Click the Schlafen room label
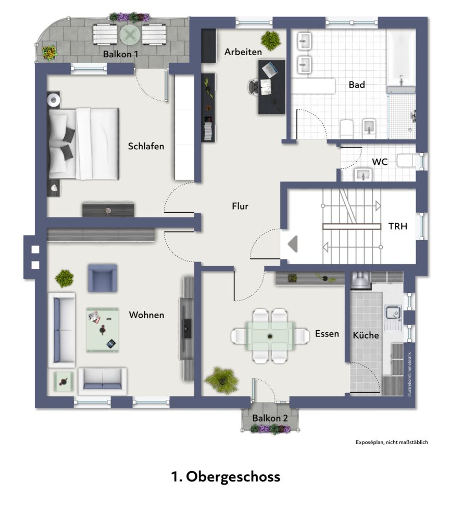pyautogui.click(x=146, y=146)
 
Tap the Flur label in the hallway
pyautogui.click(x=240, y=206)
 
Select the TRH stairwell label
pyautogui.click(x=397, y=226)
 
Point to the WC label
pyautogui.click(x=380, y=162)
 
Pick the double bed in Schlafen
pyautogui.click(x=84, y=144)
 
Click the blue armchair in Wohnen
pyautogui.click(x=102, y=278)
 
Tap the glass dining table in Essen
pyautogui.click(x=270, y=336)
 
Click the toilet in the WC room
pyautogui.click(x=406, y=161)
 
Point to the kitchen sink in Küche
pyautogui.click(x=393, y=313)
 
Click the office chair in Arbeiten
pyautogui.click(x=254, y=87)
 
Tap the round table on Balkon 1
pyautogui.click(x=130, y=34)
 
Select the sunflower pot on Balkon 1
pyautogui.click(x=49, y=53)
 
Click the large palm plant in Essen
pyautogui.click(x=221, y=380)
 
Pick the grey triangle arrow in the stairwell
pyautogui.click(x=293, y=244)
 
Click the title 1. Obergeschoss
pyautogui.click(x=226, y=476)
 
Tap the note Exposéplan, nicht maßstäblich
pyautogui.click(x=392, y=442)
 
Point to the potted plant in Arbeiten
pyautogui.click(x=271, y=41)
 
